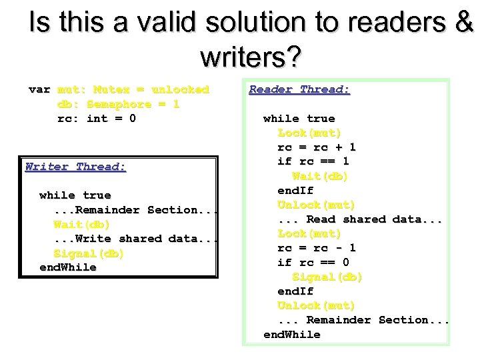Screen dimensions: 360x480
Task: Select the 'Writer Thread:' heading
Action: (75, 167)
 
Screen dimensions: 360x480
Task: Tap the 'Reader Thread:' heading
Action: (299, 89)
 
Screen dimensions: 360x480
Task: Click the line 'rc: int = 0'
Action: (97, 119)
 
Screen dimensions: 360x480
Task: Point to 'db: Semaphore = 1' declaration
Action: (119, 104)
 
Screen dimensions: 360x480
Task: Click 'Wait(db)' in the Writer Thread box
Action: (81, 224)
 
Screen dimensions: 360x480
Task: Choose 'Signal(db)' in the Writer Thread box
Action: (89, 253)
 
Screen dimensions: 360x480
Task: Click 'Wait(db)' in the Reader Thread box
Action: (320, 176)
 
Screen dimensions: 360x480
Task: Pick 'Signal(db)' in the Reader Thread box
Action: (327, 277)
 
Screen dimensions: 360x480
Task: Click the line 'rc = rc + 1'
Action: (316, 147)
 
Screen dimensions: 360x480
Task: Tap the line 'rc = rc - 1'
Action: (316, 248)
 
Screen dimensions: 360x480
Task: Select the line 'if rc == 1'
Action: (313, 161)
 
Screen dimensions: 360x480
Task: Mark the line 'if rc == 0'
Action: (313, 262)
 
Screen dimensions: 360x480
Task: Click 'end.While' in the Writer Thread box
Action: (68, 267)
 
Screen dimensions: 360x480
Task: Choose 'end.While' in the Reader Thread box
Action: (292, 334)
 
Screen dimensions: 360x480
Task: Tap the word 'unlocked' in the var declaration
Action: (180, 89)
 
